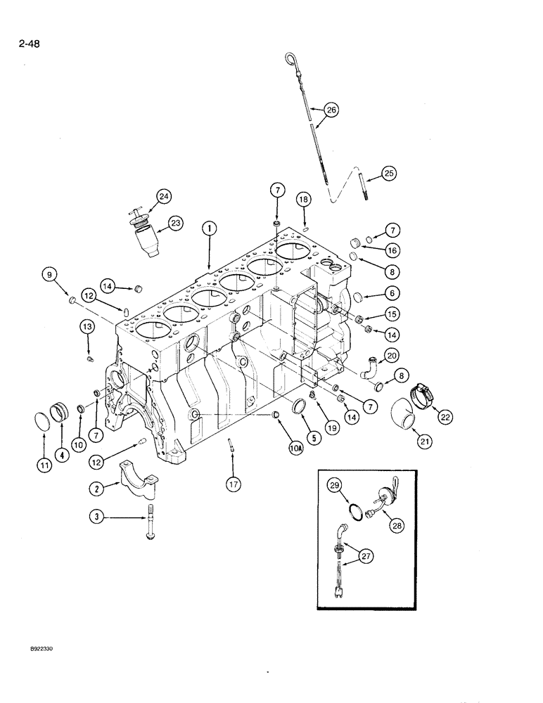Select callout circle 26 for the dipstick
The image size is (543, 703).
click(331, 109)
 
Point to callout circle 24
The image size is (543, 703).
click(164, 197)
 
